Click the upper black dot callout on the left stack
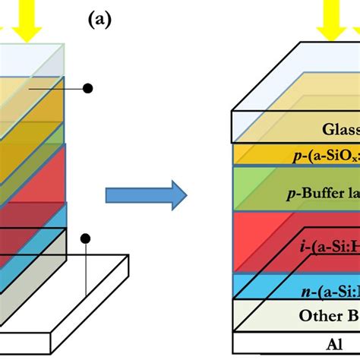coord(87,88)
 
